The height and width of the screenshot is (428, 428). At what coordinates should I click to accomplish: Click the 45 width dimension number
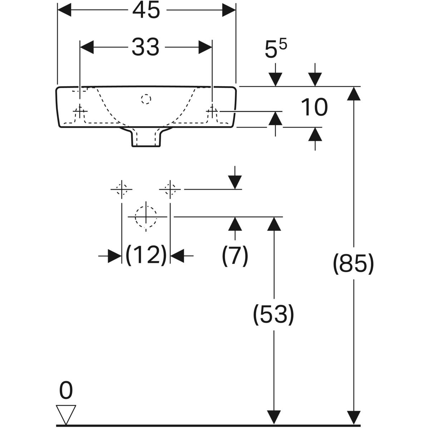coord(146,11)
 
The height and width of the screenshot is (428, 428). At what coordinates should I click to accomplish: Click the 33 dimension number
coord(145,47)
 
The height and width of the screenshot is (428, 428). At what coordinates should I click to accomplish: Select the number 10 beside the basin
coord(314,108)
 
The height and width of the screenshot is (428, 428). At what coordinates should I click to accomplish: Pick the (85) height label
coord(353,264)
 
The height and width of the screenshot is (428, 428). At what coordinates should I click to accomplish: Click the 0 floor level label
coord(66,391)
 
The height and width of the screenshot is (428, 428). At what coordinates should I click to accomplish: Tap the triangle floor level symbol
coord(66,414)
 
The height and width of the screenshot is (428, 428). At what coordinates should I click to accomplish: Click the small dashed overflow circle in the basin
coord(146,98)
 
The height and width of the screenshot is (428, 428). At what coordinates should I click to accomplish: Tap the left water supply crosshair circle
coord(122,189)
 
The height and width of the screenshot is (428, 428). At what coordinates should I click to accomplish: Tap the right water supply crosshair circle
coord(170,189)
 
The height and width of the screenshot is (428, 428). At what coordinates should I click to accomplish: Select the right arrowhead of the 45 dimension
coord(229,11)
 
